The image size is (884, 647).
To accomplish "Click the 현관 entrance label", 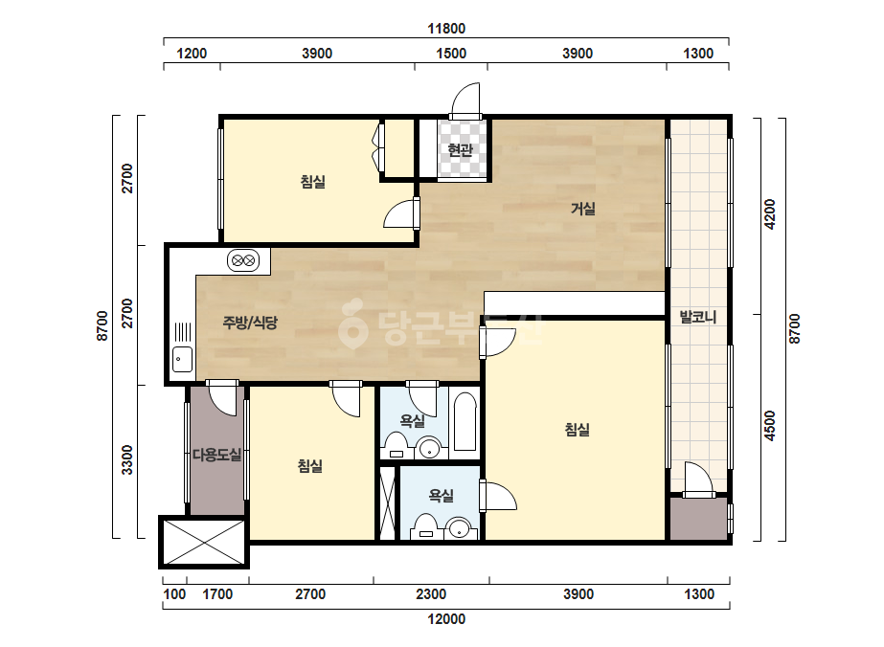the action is (x=460, y=150).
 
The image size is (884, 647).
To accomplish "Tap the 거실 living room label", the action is (x=583, y=209).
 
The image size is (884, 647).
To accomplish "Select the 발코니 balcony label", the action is (x=698, y=317).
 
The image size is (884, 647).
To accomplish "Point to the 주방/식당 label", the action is (x=250, y=323).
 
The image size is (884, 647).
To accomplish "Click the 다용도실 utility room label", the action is (x=217, y=455).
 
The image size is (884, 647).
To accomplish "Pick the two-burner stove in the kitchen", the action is (x=243, y=260).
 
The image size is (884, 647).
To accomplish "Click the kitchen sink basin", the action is (x=182, y=360).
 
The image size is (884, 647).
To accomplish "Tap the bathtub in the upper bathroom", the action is (x=465, y=421).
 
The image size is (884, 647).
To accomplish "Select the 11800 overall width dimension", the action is (x=446, y=28).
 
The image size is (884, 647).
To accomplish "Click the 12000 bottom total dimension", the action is (x=446, y=619).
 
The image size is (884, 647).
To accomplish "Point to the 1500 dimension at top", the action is (x=451, y=54).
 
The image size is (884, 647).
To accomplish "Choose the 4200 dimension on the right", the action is (x=770, y=214).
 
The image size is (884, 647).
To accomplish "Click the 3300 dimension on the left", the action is (x=127, y=460).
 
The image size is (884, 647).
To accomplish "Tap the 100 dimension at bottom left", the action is (x=174, y=594).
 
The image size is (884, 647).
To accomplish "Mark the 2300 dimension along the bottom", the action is (x=431, y=594).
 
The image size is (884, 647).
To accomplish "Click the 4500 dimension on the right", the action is (x=770, y=426).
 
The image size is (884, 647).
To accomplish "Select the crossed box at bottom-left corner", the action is (x=204, y=542).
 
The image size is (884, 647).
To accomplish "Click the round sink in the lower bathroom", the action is (x=460, y=529).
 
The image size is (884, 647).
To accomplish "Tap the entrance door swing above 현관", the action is (x=465, y=100).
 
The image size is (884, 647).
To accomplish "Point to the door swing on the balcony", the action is (x=699, y=480).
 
